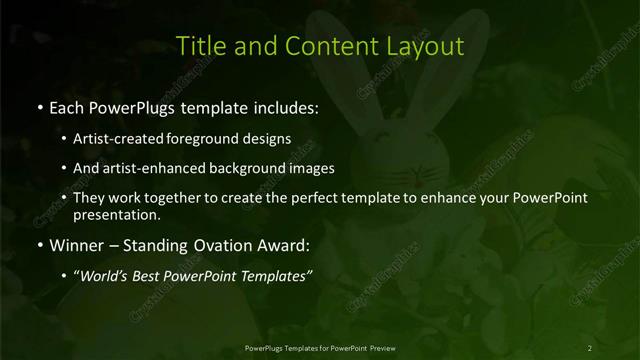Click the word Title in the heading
point(199,46)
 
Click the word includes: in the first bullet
point(282,106)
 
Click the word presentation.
point(117,214)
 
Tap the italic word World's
point(108,276)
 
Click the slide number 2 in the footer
point(590,347)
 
